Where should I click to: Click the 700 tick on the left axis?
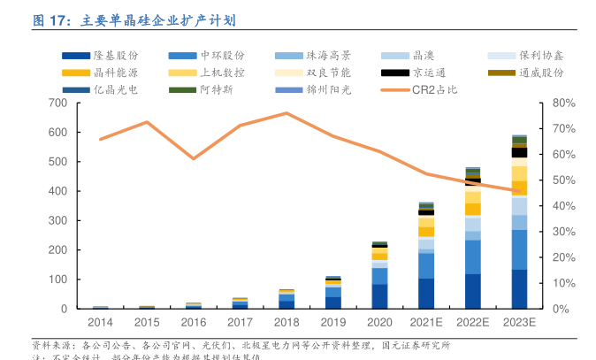click(58, 103)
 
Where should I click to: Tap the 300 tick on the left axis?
click(58, 221)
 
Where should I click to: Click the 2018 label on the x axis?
click(286, 323)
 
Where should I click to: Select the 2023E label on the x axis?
click(518, 323)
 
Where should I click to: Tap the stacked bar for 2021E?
click(426, 256)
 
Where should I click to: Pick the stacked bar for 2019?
click(332, 293)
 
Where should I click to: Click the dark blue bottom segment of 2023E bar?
click(518, 289)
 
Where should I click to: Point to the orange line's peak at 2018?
click(286, 113)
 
